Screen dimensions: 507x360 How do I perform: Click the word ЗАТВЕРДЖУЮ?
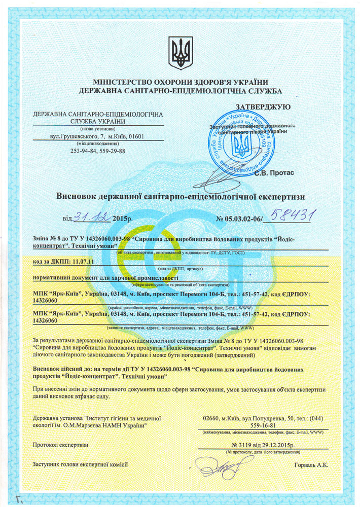[x=263, y=106]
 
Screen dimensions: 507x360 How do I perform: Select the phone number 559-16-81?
[x=262, y=425]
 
